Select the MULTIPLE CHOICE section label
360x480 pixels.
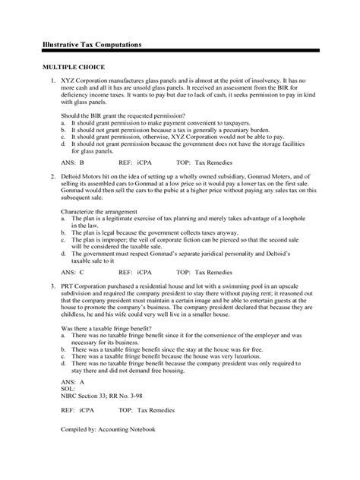pyautogui.click(x=72, y=68)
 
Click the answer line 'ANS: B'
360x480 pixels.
pyautogui.click(x=71, y=162)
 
